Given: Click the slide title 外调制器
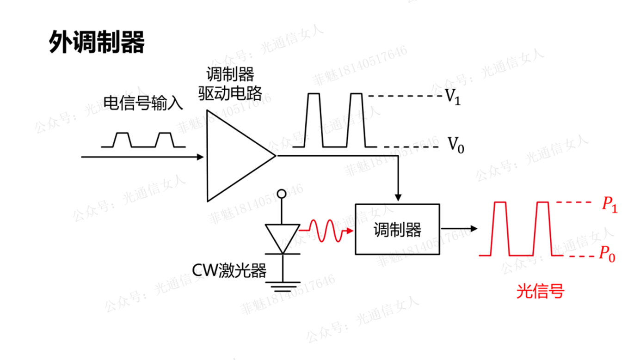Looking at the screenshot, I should (x=97, y=43).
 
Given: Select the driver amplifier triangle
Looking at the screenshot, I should (x=233, y=156).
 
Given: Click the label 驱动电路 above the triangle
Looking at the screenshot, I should (x=230, y=94).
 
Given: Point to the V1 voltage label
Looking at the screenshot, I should (x=453, y=97).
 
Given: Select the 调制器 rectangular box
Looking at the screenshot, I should (x=397, y=229).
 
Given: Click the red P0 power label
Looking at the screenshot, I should (x=608, y=254).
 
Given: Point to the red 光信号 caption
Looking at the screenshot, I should (x=540, y=292).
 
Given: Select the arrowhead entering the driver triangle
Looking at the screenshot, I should (x=200, y=157).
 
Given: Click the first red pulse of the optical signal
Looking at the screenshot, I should (x=500, y=228).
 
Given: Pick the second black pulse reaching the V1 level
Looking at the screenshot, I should (x=356, y=119).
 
